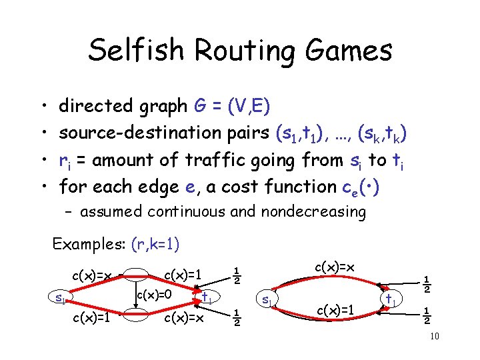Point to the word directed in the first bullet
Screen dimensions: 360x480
pos(96,105)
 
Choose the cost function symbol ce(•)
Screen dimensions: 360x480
pos(361,188)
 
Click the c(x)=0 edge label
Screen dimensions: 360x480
pos(155,293)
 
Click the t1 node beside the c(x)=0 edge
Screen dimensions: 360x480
pos(207,298)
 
